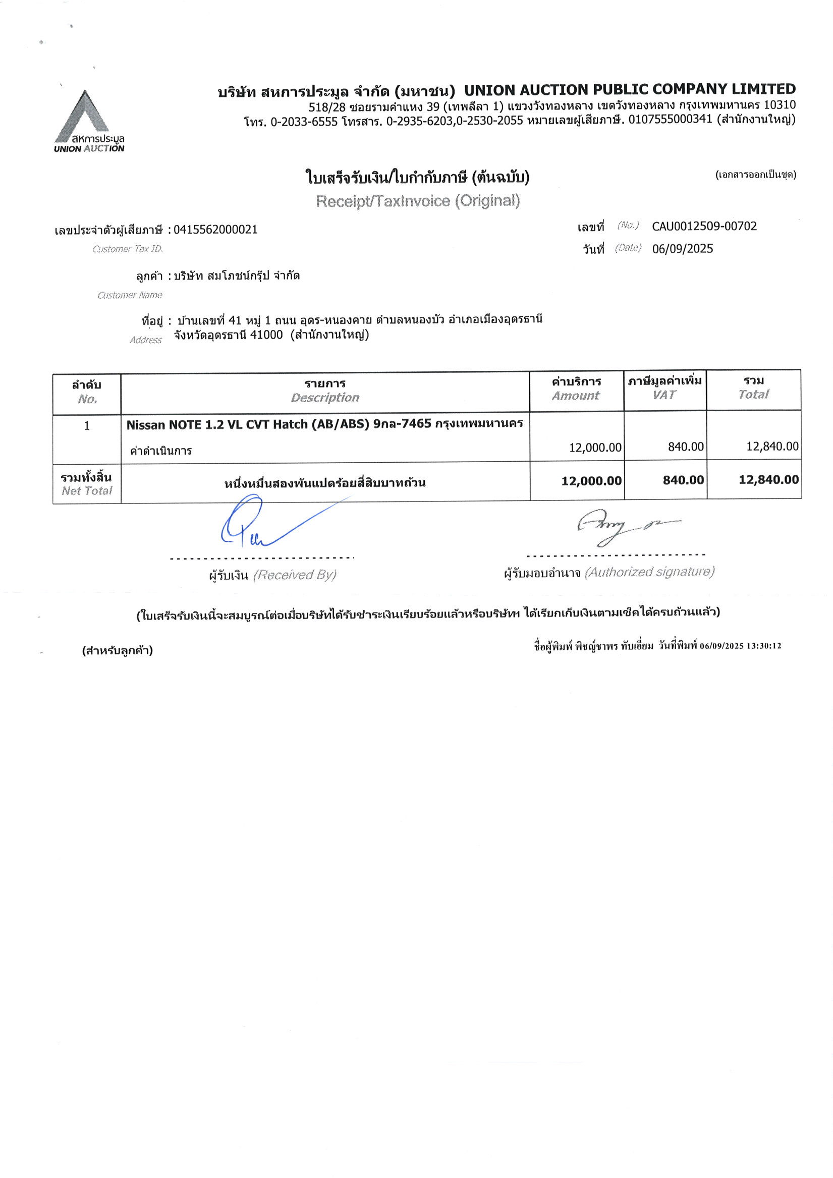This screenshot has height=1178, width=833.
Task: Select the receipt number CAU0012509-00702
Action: tap(704, 226)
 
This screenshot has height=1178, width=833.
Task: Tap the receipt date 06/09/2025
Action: tap(682, 249)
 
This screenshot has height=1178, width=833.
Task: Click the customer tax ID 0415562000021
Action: tap(215, 230)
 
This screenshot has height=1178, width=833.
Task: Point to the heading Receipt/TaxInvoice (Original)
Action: tap(418, 201)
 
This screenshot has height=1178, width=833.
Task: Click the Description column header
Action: tap(325, 397)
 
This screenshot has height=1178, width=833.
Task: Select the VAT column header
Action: tap(664, 395)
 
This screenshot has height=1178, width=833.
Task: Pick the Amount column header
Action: tap(575, 396)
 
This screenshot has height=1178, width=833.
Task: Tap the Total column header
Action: tap(753, 394)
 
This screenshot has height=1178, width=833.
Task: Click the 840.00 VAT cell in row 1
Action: tap(685, 446)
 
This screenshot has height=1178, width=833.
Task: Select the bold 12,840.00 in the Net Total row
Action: tap(768, 480)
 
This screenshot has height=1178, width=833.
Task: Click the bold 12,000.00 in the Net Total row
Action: tap(591, 481)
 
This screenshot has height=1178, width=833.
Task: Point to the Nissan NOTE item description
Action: tap(324, 424)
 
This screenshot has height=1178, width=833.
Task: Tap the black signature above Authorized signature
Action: tap(616, 526)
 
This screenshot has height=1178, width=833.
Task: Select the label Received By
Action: tap(295, 575)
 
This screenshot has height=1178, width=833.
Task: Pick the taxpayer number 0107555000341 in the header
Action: tap(670, 120)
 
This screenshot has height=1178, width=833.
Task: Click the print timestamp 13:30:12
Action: tap(764, 646)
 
